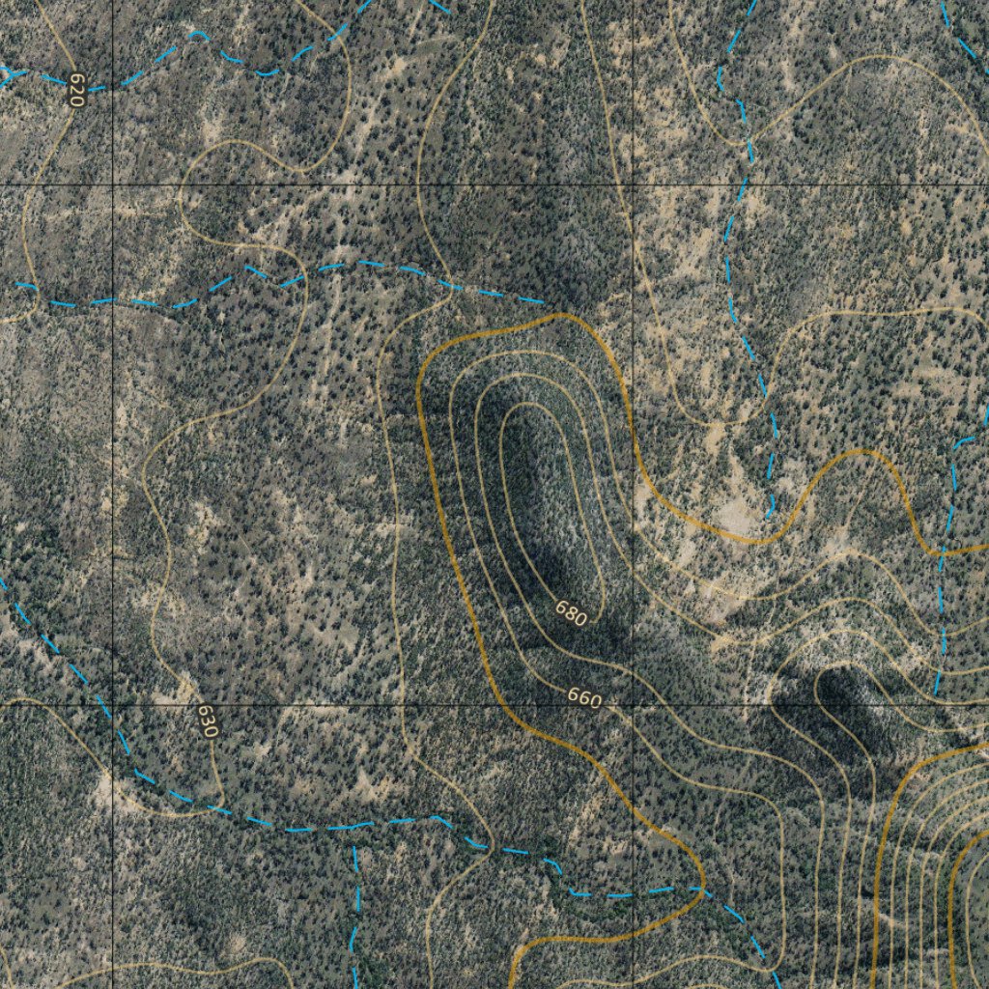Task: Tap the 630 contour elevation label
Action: click(x=207, y=721)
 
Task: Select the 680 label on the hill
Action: click(x=571, y=613)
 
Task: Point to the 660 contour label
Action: click(x=584, y=696)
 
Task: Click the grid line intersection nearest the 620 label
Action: click(x=113, y=183)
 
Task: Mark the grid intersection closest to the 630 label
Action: click(x=113, y=705)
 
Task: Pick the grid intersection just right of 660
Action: click(x=633, y=705)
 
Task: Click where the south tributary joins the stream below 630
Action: click(x=354, y=827)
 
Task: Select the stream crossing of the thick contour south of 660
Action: click(x=702, y=889)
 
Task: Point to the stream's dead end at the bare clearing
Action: click(x=769, y=515)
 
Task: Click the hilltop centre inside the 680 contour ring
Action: click(x=537, y=502)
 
